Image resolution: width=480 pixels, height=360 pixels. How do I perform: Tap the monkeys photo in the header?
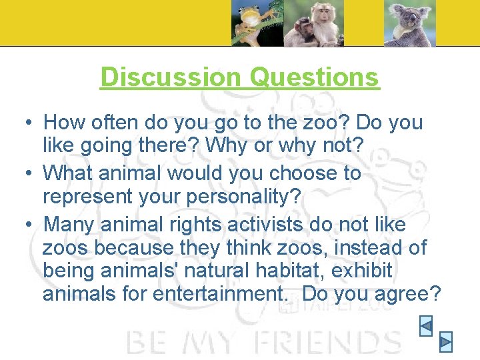coord(313,23)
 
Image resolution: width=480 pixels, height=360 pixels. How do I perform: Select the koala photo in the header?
coord(409,23)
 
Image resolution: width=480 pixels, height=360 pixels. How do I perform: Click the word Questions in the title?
coord(314,77)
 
